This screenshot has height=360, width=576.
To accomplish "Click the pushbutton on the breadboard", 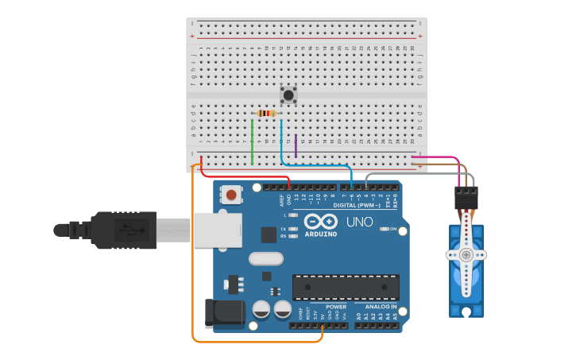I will [x=289, y=95].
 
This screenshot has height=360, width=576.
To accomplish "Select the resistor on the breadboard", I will [x=267, y=113].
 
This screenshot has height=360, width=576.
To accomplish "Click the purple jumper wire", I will [x=296, y=145].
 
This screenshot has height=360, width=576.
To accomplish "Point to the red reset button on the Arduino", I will [x=231, y=194].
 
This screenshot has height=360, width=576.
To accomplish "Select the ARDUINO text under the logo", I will [x=319, y=234].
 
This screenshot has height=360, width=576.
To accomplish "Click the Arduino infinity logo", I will [x=319, y=221].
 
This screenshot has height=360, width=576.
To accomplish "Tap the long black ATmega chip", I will [x=346, y=287].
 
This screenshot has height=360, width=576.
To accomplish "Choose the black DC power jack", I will [x=224, y=312].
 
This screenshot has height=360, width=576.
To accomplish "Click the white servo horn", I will [x=466, y=254].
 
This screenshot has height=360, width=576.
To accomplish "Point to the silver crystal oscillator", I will [x=265, y=258].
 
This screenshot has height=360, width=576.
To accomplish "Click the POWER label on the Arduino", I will [x=336, y=306].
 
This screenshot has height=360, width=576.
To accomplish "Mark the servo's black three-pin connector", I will [x=466, y=197].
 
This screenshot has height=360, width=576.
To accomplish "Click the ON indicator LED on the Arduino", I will [x=385, y=229].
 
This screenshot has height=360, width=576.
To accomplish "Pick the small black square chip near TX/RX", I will [x=269, y=234].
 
